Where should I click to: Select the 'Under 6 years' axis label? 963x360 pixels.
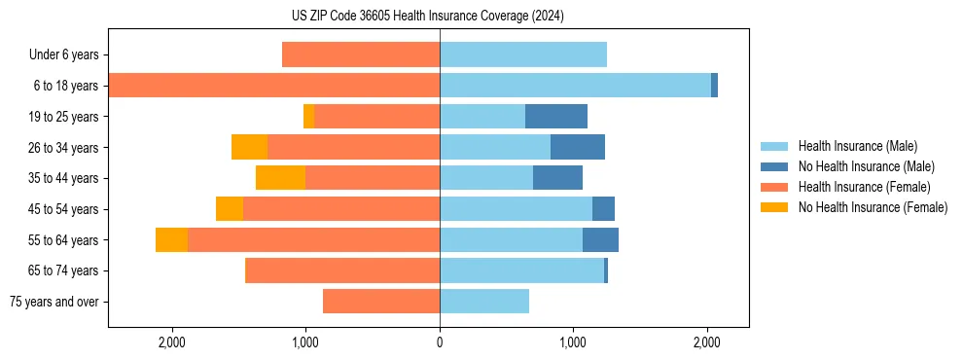(69, 55)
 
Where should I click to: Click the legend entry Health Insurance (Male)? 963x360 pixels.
(857, 146)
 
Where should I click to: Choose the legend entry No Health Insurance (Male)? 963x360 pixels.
(867, 166)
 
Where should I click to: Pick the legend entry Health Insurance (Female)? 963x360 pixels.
(864, 187)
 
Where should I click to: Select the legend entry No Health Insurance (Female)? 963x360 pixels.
(873, 207)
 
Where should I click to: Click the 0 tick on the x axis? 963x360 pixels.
(440, 342)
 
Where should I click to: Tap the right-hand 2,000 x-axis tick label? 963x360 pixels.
(707, 342)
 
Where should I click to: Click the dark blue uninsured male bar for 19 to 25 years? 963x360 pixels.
(556, 117)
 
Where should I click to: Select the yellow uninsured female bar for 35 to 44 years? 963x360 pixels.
(280, 178)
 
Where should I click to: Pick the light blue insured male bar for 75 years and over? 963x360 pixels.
(484, 302)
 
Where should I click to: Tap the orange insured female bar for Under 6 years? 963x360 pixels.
(361, 55)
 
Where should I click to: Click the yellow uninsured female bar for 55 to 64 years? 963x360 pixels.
(171, 240)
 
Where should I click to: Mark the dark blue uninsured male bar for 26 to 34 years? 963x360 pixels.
(578, 147)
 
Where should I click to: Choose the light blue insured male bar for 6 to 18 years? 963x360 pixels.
(575, 86)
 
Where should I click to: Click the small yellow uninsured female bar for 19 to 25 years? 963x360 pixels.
(309, 117)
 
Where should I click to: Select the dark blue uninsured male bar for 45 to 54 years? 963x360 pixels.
(603, 209)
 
